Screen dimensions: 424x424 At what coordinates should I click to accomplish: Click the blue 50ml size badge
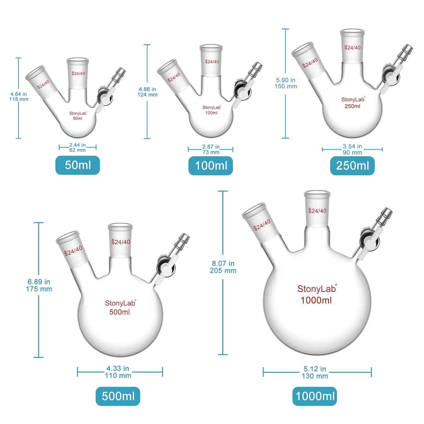click(x=78, y=165)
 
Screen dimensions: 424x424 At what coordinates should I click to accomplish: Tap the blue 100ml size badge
click(x=211, y=166)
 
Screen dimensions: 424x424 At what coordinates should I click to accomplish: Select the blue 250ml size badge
click(x=352, y=166)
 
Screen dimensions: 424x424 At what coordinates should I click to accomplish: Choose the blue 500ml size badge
click(x=118, y=396)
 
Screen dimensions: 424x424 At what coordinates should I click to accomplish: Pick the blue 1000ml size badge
click(x=315, y=396)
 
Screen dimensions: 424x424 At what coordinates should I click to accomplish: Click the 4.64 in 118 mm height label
click(x=19, y=97)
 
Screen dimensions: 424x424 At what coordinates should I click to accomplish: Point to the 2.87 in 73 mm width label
click(x=211, y=149)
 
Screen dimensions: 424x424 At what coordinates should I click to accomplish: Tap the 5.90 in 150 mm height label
click(x=286, y=83)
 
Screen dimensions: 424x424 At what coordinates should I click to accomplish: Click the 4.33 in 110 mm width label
click(x=118, y=372)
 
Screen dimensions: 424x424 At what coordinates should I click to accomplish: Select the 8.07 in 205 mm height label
click(x=223, y=267)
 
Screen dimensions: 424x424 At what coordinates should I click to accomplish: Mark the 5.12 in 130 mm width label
click(x=315, y=372)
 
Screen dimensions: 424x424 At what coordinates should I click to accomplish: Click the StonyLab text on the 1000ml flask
click(x=317, y=289)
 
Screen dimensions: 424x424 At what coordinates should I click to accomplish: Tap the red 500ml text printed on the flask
click(x=120, y=312)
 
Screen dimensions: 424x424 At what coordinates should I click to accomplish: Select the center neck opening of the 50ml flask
click(x=77, y=60)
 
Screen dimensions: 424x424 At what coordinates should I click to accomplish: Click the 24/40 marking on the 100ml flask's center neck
click(x=212, y=62)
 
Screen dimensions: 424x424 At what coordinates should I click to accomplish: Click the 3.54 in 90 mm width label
click(x=352, y=149)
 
